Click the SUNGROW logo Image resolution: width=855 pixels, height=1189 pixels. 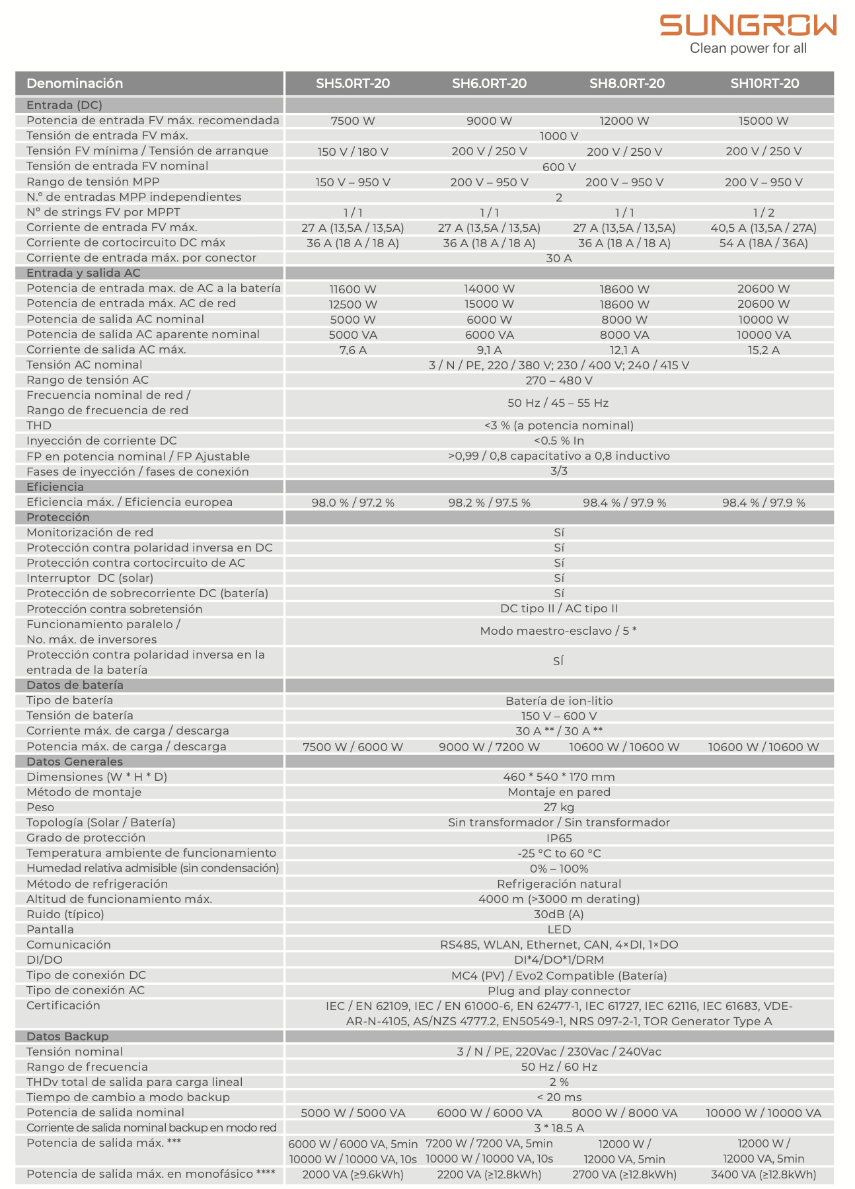pyautogui.click(x=748, y=25)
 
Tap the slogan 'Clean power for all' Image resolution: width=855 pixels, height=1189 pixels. pyautogui.click(x=748, y=48)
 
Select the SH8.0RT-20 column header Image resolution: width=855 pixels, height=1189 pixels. pyautogui.click(x=626, y=83)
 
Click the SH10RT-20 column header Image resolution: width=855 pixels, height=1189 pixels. pyautogui.click(x=764, y=83)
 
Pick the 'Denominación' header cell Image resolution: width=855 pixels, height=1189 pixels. pyautogui.click(x=75, y=83)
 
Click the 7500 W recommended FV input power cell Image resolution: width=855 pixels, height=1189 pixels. pyautogui.click(x=353, y=121)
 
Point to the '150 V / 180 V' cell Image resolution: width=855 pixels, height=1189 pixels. pyautogui.click(x=353, y=151)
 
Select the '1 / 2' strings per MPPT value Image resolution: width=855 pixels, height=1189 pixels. pyautogui.click(x=763, y=213)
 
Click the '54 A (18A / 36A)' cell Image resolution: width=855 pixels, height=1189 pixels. pyautogui.click(x=763, y=243)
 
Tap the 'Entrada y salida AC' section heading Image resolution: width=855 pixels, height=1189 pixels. pyautogui.click(x=83, y=273)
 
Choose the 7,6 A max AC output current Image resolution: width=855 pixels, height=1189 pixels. pyautogui.click(x=353, y=350)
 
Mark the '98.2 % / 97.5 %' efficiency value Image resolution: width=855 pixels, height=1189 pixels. pyautogui.click(x=489, y=503)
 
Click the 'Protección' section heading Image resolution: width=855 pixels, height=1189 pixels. pyautogui.click(x=58, y=517)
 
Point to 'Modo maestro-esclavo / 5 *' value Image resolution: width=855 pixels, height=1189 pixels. pyautogui.click(x=558, y=631)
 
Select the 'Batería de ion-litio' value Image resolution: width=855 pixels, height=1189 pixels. pyautogui.click(x=558, y=701)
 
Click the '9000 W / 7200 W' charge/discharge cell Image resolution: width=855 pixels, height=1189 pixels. pyautogui.click(x=489, y=747)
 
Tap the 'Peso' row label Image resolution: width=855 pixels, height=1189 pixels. pyautogui.click(x=40, y=807)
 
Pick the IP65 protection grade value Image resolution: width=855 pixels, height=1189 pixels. pyautogui.click(x=558, y=838)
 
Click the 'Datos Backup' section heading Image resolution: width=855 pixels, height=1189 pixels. pyautogui.click(x=67, y=1036)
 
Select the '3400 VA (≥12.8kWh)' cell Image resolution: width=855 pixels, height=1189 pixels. pyautogui.click(x=763, y=1174)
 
